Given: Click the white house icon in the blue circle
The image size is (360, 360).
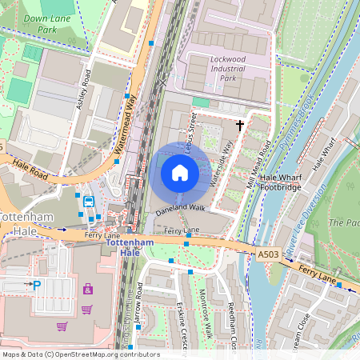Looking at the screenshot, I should pos(180,172).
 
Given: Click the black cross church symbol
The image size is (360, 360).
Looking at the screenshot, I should pos(239,125).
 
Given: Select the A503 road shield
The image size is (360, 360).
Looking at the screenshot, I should pos(269,254).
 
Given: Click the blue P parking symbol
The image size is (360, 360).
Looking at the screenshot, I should pos(36,284).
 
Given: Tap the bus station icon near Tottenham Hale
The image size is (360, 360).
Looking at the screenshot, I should pos(89,202).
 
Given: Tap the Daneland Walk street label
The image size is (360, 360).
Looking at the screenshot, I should pos(181,208).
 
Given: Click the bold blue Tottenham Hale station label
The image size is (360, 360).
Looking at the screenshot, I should pos(130,246).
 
